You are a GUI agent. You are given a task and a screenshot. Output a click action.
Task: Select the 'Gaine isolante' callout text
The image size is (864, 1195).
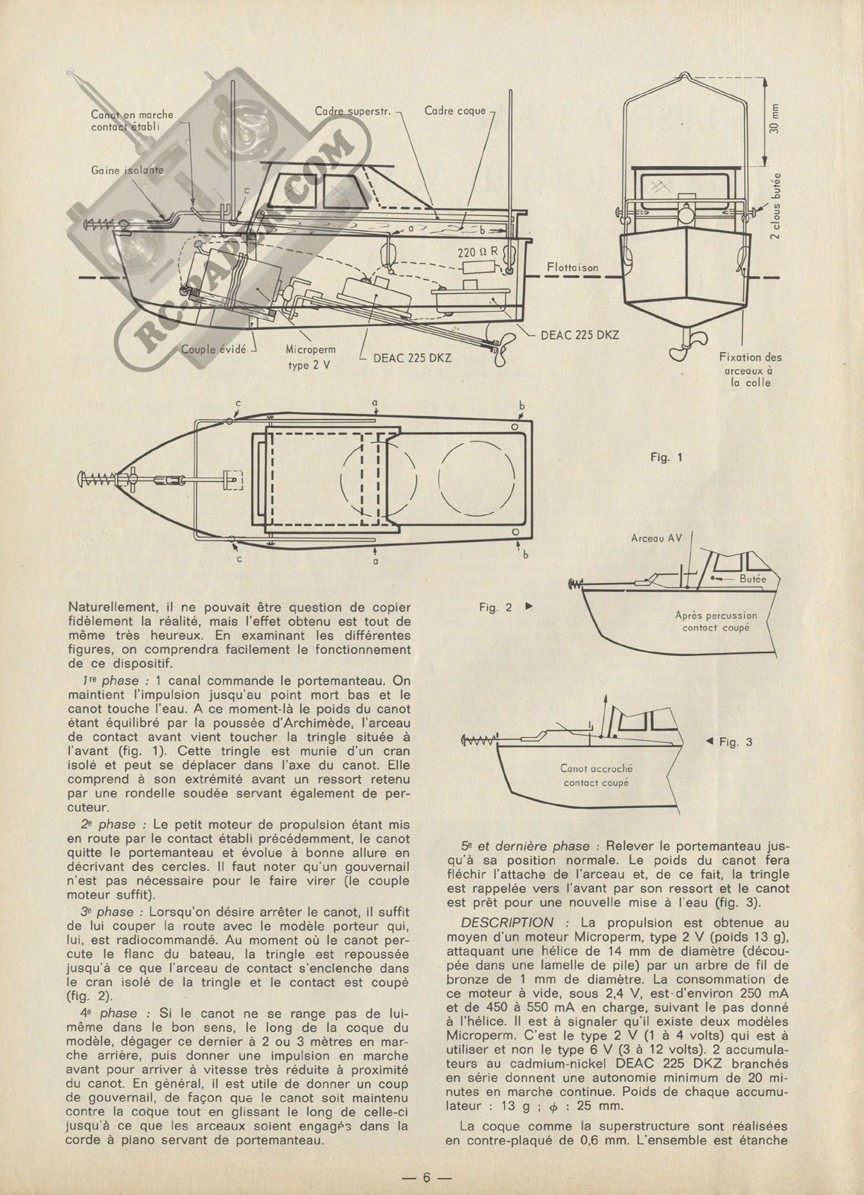coord(128,170)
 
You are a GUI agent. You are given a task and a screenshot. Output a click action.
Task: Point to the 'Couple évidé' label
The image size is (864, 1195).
coord(215,348)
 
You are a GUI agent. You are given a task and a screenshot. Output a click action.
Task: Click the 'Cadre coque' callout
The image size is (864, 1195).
coord(454,111)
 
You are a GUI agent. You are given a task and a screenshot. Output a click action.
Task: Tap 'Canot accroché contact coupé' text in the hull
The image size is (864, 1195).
coord(593,775)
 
